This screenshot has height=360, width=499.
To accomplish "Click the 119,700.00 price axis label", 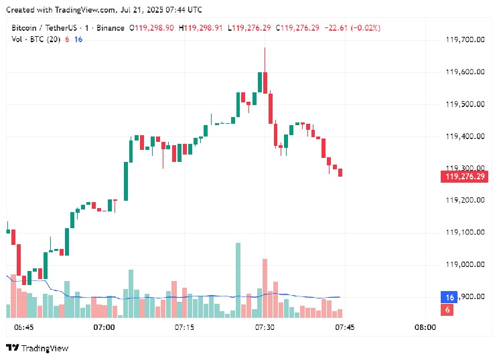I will tap(464, 39).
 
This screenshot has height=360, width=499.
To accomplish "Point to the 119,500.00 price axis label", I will tap(464, 104).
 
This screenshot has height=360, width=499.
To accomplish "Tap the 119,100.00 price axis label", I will tap(464, 232).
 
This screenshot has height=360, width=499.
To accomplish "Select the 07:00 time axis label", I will tap(104, 328).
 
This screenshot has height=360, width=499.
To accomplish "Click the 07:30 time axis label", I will tap(265, 328).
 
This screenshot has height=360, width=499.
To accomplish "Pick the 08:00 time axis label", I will tap(425, 328).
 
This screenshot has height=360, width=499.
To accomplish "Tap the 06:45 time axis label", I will tap(23, 328).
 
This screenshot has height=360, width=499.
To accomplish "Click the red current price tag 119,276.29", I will tap(463, 177).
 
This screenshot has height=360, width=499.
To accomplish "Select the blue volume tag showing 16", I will tap(447, 297).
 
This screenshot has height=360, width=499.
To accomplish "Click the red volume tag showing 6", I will tap(447, 309).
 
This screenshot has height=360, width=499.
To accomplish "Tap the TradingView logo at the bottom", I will tap(38, 348).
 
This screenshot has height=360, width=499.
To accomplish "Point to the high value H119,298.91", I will tap(202, 27).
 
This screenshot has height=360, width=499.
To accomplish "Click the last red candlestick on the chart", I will tap(340, 173).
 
